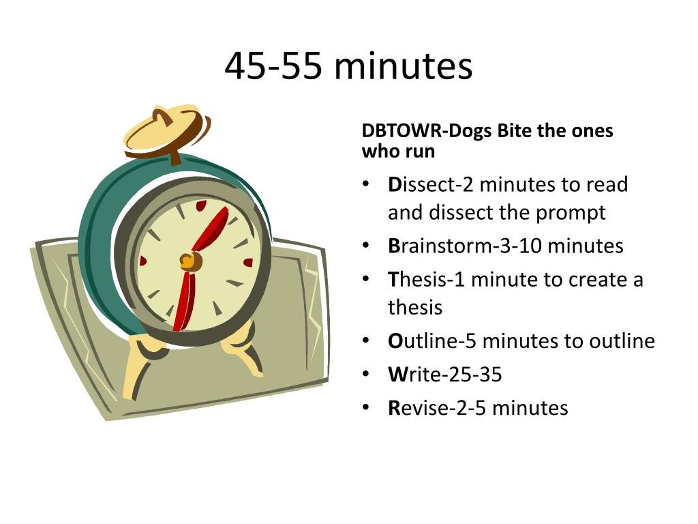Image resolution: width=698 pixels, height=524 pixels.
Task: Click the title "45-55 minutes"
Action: tap(348, 66)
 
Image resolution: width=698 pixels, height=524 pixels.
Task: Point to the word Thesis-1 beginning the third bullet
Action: tap(426, 280)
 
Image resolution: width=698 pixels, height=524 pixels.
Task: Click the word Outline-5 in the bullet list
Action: tap(432, 341)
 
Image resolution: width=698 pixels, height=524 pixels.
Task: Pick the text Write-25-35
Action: tap(444, 375)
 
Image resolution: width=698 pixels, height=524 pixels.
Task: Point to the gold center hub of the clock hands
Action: tap(191, 261)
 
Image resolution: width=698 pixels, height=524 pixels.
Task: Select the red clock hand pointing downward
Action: tap(185, 301)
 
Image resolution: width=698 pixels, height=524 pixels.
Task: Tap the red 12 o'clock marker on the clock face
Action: tap(201, 205)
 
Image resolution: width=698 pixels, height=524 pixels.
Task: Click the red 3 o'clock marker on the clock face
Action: tap(248, 263)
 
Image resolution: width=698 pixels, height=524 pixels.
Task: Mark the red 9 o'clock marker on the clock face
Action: tap(142, 261)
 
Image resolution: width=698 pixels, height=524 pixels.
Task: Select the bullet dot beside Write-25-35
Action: tap(366, 375)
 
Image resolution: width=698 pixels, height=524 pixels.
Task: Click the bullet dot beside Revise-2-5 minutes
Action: tap(366, 407)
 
